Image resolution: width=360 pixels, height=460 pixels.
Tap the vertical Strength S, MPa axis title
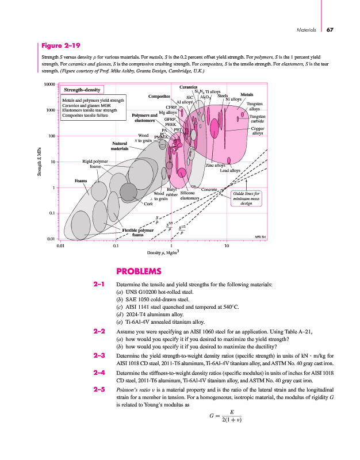point(40,163)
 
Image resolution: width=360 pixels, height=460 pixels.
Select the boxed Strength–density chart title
point(82,90)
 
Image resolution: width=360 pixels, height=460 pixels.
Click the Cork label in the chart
point(148,204)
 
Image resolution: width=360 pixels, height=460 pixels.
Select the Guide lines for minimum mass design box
point(246,198)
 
